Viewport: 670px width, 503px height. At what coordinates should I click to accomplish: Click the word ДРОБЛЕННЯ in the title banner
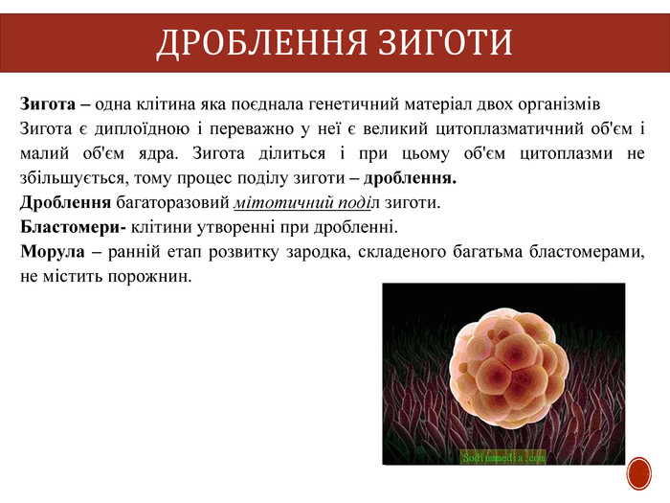click(x=261, y=42)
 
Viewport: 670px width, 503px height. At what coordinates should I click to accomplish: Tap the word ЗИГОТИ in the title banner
click(x=445, y=42)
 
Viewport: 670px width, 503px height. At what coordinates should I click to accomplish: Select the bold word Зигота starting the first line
click(x=48, y=103)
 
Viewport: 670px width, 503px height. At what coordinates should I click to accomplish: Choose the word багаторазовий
click(x=172, y=203)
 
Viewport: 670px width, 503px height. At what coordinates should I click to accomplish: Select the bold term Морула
click(x=53, y=251)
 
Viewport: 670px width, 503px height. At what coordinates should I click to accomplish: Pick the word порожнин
click(x=149, y=277)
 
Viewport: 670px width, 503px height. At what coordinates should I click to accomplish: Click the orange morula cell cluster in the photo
click(x=509, y=368)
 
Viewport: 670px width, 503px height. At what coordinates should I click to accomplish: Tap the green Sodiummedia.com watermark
click(x=503, y=458)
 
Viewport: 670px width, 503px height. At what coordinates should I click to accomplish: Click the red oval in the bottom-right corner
click(x=639, y=474)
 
